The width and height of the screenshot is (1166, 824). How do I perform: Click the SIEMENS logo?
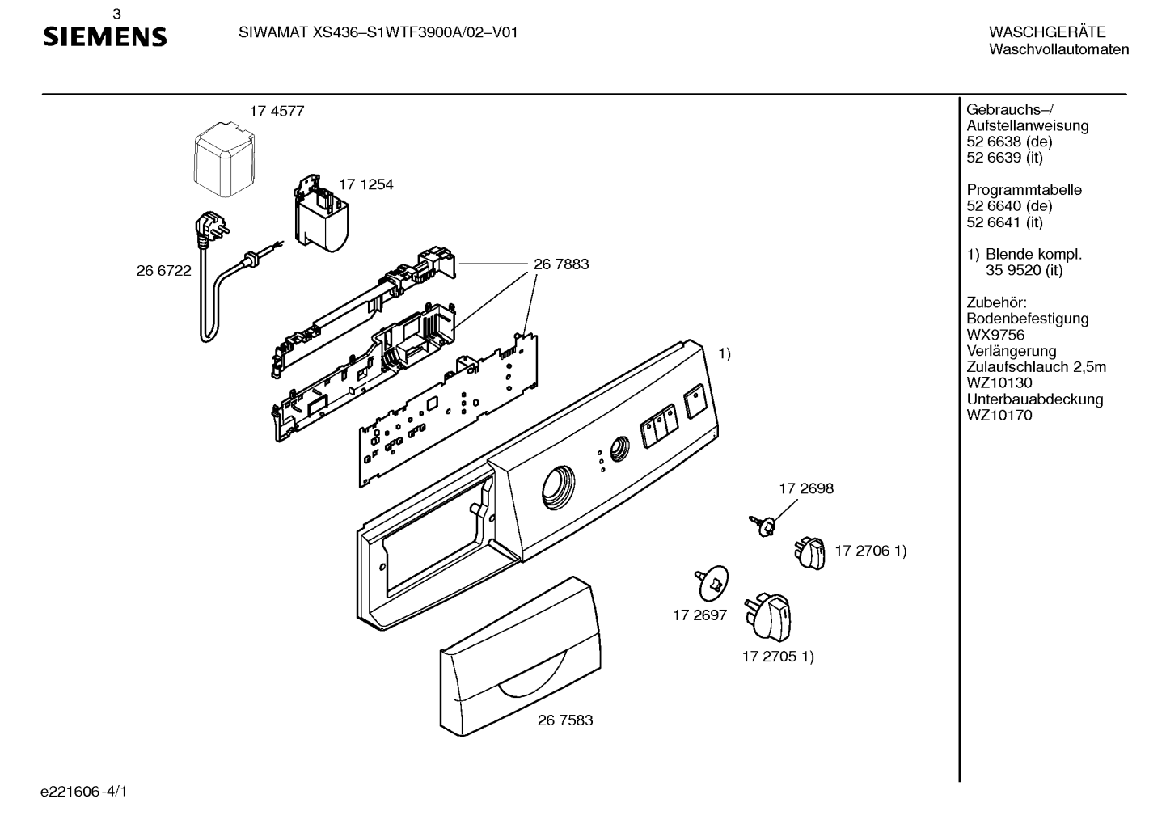click(x=104, y=37)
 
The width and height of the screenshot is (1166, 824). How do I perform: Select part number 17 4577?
click(x=277, y=112)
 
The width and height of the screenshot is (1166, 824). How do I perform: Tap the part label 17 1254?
click(x=366, y=184)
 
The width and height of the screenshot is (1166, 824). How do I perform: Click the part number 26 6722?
click(x=163, y=271)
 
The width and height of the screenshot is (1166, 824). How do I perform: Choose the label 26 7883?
click(x=561, y=264)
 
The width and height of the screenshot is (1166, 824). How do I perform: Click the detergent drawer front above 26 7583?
click(x=521, y=657)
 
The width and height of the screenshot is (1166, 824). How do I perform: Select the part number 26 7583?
click(x=564, y=720)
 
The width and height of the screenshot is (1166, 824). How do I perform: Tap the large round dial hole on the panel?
click(x=558, y=488)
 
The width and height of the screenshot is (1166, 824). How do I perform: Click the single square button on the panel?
click(x=695, y=401)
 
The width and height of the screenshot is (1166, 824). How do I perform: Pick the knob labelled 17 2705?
click(x=768, y=618)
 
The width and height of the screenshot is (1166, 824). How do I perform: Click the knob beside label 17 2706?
click(x=810, y=554)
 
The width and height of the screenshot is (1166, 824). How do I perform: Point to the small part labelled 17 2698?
click(x=763, y=526)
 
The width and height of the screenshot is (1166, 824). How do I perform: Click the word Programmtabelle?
click(x=1024, y=190)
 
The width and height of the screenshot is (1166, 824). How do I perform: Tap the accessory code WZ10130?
click(x=999, y=383)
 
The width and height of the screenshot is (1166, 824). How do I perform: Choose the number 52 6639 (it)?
click(x=1004, y=157)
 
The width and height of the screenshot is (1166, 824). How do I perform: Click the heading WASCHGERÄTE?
click(x=1047, y=32)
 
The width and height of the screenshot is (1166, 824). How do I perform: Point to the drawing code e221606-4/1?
click(x=84, y=792)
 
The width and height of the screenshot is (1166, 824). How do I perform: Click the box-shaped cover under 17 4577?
click(x=225, y=159)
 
